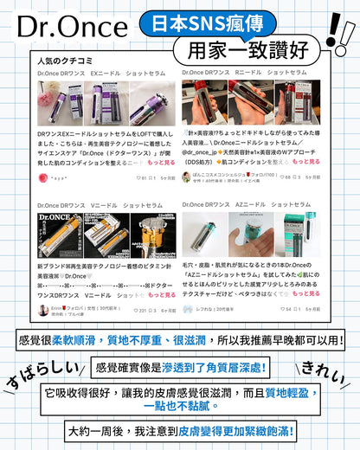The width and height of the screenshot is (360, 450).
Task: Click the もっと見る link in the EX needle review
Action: (160, 163)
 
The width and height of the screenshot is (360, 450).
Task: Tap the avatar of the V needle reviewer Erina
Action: (42, 309)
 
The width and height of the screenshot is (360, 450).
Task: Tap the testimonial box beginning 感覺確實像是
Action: (181, 368)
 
